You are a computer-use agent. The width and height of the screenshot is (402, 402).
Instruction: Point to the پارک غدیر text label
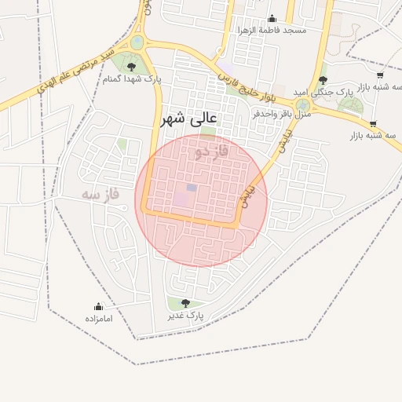click(185, 316)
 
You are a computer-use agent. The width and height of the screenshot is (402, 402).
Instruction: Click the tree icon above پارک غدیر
click(185, 303)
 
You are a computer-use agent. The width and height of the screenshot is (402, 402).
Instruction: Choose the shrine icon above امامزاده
click(99, 307)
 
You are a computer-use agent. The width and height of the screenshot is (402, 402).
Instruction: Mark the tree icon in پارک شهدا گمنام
click(131, 67)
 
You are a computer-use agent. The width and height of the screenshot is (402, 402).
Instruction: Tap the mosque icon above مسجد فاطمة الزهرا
click(272, 18)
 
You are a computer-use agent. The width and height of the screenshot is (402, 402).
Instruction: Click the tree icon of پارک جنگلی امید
click(323, 79)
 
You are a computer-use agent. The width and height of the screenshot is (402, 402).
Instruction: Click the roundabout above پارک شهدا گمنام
click(138, 42)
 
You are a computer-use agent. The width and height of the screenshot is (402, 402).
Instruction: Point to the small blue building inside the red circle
click(192, 188)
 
